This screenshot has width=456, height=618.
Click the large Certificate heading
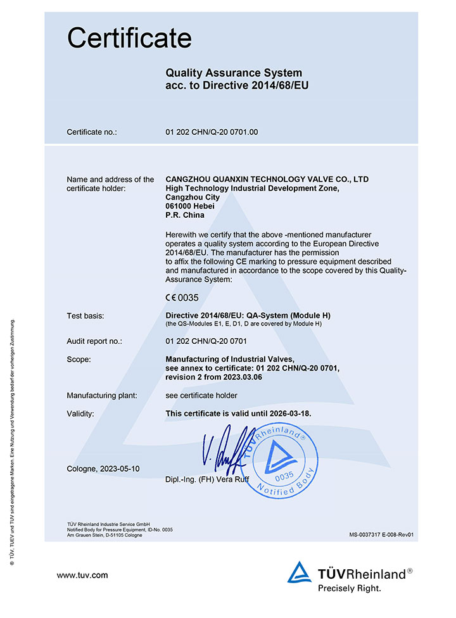pos(129,38)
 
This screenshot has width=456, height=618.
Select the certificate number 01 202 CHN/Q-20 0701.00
pos(211,132)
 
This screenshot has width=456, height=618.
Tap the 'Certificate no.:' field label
pos(92,132)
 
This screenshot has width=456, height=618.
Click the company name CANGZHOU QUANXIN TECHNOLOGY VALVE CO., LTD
pos(266,179)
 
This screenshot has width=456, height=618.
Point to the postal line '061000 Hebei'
pos(189,206)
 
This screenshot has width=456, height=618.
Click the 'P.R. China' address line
pos(184,215)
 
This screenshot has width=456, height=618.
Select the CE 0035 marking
pos(182,297)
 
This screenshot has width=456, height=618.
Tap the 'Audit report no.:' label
pos(94,341)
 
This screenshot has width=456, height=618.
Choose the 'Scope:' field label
pos(79,359)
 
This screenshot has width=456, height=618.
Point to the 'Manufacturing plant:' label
pos(102,396)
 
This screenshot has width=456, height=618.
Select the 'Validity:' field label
pos(80,413)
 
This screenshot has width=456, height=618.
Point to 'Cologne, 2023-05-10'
pos(103,469)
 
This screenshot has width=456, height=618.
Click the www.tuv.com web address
pos(82,575)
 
